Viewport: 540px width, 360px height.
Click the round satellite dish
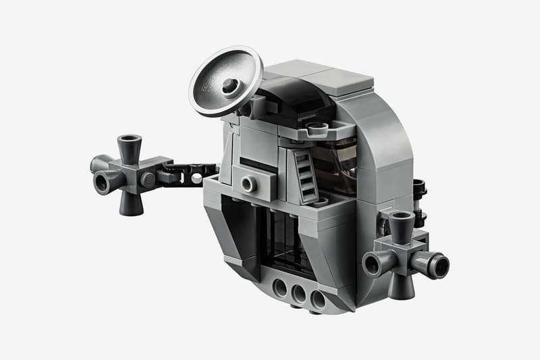pos(225,80)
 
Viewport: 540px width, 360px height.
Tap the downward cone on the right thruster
pos(400,284)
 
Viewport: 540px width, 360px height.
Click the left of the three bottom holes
pos(280,288)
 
